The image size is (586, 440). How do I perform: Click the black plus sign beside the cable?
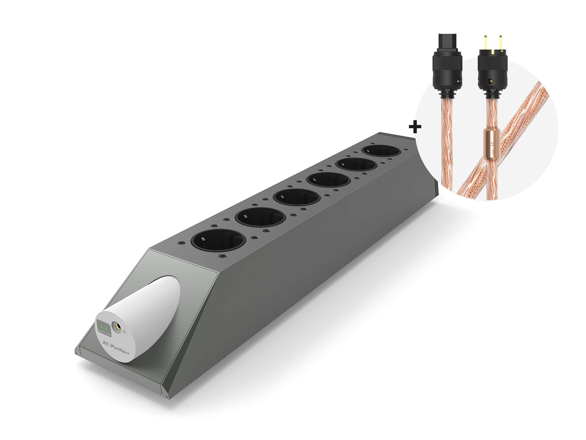tap(415, 127)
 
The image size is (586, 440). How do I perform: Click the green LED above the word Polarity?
tap(102, 328)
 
